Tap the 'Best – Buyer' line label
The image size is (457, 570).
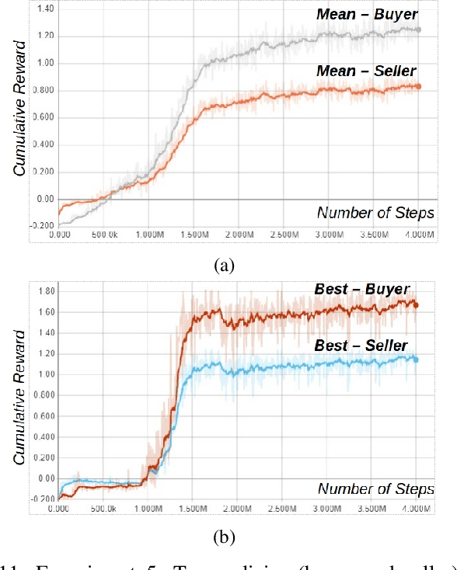pos(361,289)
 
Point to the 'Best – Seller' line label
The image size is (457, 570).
pos(361,345)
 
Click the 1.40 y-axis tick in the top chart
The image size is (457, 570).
pos(45,8)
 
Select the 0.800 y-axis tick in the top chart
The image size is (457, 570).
pos(43,90)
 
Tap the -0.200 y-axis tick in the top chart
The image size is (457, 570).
pos(43,226)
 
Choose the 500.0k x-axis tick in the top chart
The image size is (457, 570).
pos(104,234)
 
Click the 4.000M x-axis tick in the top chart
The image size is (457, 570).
pos(418,234)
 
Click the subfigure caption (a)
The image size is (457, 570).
pos(224,266)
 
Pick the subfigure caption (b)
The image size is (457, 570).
pos(224,537)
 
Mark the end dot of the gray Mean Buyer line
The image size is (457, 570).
pos(418,30)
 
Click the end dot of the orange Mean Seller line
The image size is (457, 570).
pos(418,86)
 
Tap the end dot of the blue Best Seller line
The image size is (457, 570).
pos(417,359)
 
